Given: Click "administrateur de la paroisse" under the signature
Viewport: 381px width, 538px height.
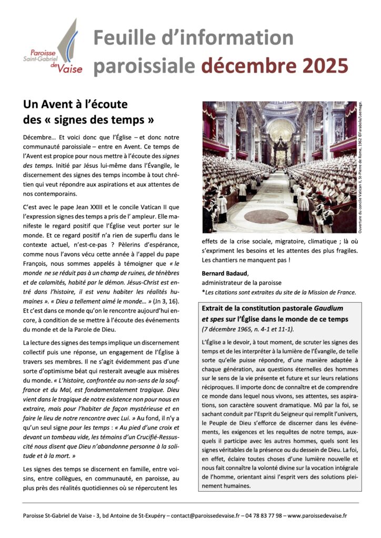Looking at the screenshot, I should [242, 283].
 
